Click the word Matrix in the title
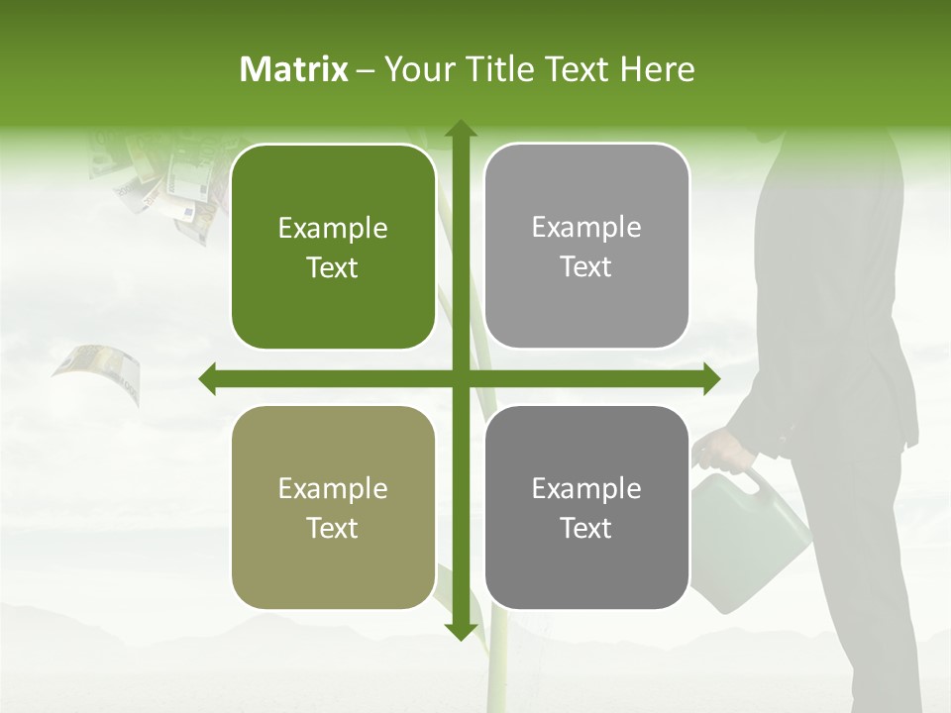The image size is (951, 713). (x=294, y=69)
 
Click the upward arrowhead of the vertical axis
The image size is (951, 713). (x=460, y=130)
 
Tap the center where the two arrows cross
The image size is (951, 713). (x=460, y=378)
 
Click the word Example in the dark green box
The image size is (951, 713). (x=333, y=229)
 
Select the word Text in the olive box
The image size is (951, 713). (x=333, y=528)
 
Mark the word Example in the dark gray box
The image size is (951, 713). (x=586, y=488)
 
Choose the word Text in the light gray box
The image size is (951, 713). (x=586, y=266)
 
